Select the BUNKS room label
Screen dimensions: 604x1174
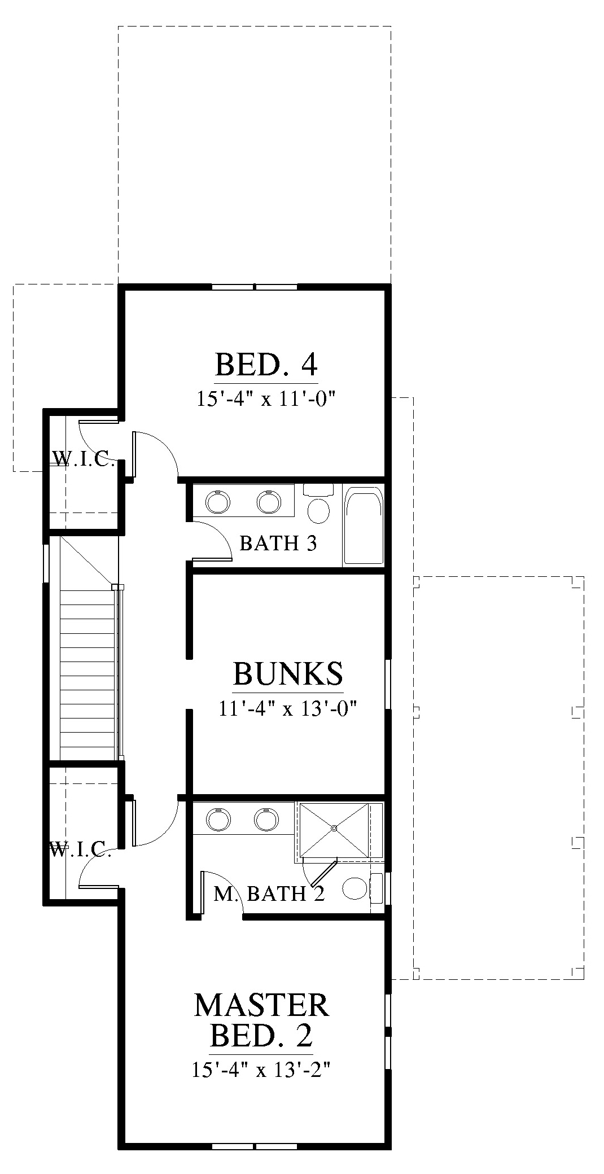pyautogui.click(x=288, y=673)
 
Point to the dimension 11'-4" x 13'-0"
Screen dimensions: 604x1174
pyautogui.click(x=288, y=707)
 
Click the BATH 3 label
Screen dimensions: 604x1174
pyautogui.click(x=278, y=543)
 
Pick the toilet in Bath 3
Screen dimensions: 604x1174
pyautogui.click(x=319, y=504)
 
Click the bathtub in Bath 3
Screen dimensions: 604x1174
pyautogui.click(x=364, y=524)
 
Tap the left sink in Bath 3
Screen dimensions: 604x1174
pyautogui.click(x=218, y=501)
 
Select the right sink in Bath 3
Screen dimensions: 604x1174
pyautogui.click(x=269, y=501)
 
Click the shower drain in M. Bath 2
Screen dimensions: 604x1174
pyautogui.click(x=334, y=828)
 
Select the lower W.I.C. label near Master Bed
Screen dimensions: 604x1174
pyautogui.click(x=80, y=849)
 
